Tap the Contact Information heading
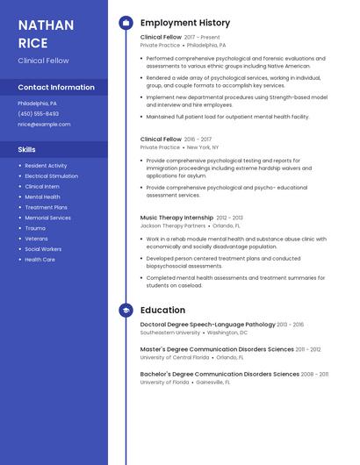(56, 88)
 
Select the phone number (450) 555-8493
(39, 114)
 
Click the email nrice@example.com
(44, 125)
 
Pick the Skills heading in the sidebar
(27, 150)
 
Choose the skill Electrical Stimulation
(51, 176)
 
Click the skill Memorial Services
(47, 218)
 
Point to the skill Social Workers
(43, 249)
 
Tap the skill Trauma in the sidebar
(35, 228)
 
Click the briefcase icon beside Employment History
(126, 23)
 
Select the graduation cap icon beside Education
(126, 311)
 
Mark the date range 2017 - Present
(203, 38)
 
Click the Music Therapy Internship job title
(176, 218)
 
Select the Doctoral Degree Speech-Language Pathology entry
(208, 325)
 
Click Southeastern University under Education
(170, 333)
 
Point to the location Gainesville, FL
(213, 383)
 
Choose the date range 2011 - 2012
(308, 349)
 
